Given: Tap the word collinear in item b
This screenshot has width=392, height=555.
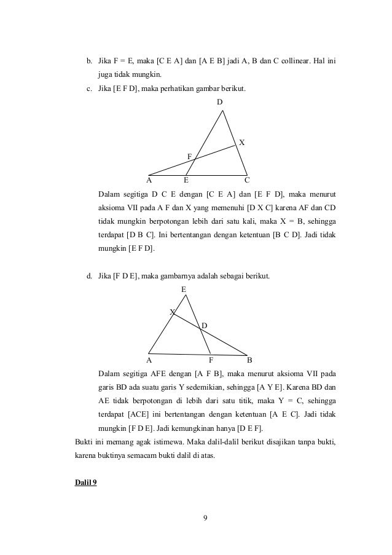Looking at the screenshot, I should click(x=301, y=61).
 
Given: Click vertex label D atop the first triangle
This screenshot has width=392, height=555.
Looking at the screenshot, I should click(x=219, y=101).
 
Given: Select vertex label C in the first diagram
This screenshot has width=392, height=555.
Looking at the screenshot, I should click(x=247, y=181).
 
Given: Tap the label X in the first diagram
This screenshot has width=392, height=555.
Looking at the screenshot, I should click(x=241, y=143).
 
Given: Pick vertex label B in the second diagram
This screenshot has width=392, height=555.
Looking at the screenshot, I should click(x=249, y=360).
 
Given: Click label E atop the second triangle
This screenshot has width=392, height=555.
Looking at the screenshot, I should click(x=183, y=288).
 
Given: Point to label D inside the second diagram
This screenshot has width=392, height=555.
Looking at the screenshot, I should click(x=205, y=325).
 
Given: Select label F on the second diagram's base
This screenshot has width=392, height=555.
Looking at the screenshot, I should click(x=211, y=360).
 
